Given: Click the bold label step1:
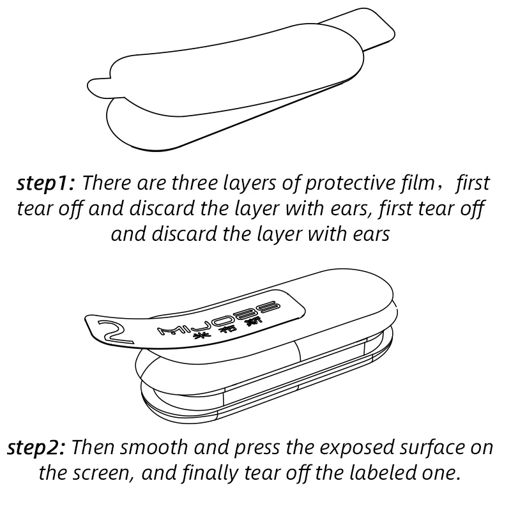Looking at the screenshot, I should [47, 184].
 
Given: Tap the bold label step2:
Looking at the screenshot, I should [37, 447].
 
